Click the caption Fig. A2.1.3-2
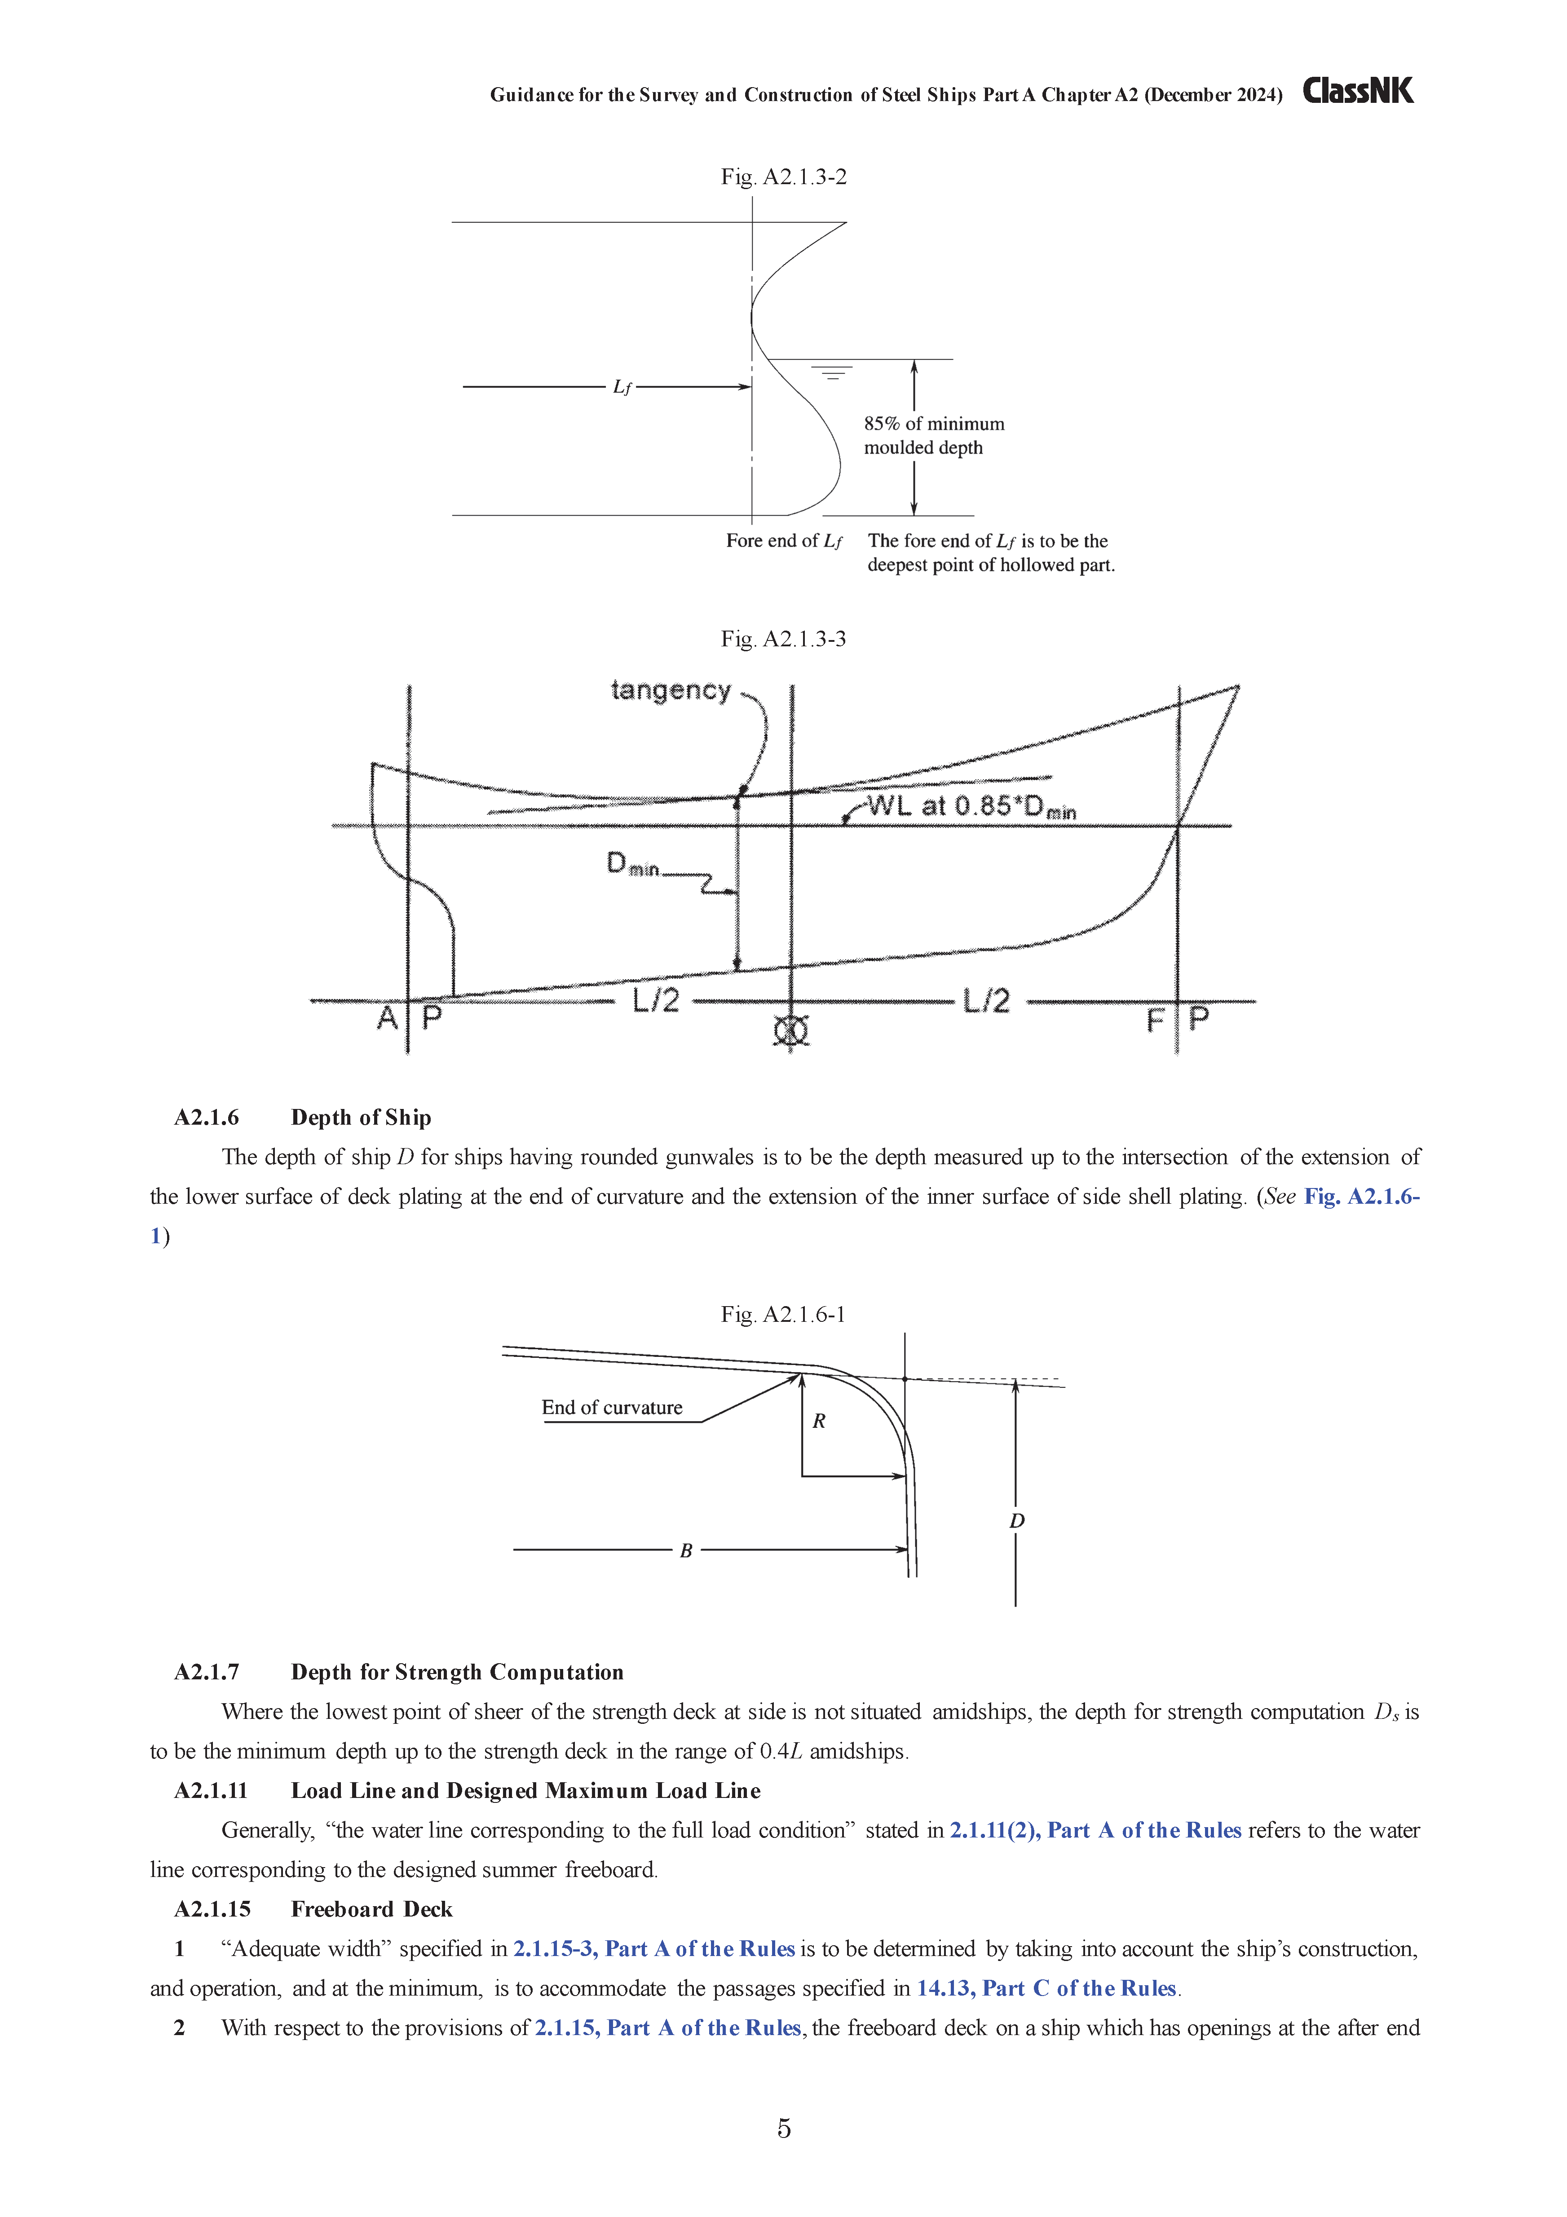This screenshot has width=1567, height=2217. point(783,177)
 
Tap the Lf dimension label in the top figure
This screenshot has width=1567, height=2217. point(622,387)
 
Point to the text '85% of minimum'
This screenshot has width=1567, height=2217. point(934,424)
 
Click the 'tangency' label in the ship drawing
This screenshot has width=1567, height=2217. point(671,690)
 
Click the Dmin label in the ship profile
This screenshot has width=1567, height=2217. point(632,864)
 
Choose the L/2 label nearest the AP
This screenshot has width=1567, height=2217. point(656,1000)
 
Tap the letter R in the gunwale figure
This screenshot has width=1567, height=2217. point(819,1422)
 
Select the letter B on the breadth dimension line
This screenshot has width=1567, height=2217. point(685,1551)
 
